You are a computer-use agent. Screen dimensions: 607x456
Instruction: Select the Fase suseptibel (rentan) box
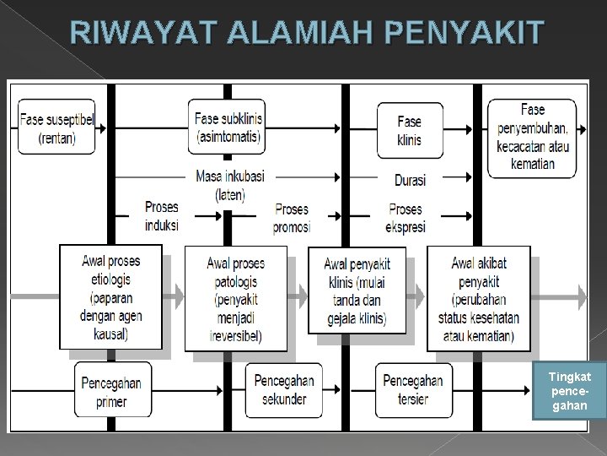point(57,128)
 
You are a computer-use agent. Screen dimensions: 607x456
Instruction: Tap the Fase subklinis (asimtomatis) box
point(228,128)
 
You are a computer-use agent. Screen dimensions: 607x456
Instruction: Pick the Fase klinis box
point(409,129)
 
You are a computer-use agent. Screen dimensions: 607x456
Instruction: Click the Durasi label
point(410,180)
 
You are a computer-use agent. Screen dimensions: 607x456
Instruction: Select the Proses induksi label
point(161,216)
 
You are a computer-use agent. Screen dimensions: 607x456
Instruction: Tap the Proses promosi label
point(291,217)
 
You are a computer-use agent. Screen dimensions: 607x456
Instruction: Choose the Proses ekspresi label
point(406,217)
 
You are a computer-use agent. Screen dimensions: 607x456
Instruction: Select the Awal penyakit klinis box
point(357,290)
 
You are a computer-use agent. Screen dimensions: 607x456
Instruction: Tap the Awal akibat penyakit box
point(478,298)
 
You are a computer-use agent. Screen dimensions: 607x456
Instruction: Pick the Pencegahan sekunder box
point(284,389)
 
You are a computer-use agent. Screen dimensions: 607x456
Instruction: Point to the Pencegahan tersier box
point(412,389)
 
